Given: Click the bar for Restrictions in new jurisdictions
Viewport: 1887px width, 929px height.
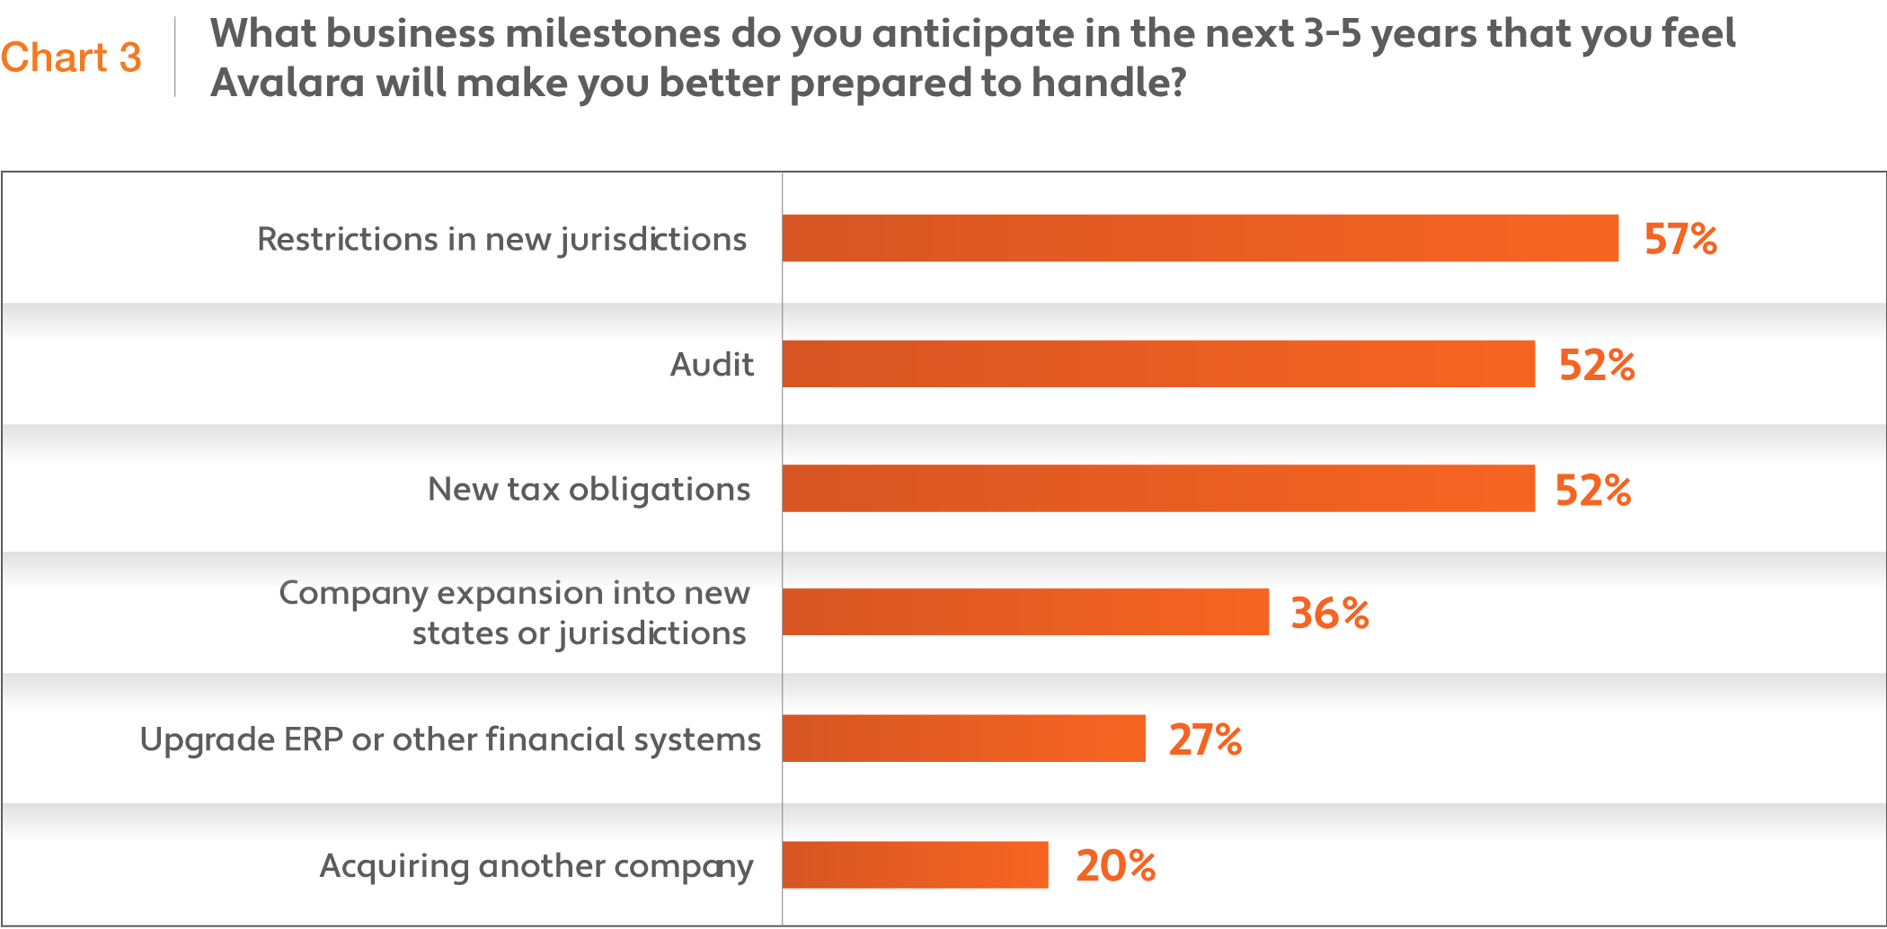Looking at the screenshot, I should coord(1200,238).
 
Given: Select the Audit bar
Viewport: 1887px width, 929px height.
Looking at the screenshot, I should coord(1159,364).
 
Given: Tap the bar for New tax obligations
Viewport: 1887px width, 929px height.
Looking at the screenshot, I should coord(1159,488).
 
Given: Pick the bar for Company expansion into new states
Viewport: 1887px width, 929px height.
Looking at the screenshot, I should coord(1026,612).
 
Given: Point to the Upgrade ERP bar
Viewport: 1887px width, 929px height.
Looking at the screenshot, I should coord(964,738).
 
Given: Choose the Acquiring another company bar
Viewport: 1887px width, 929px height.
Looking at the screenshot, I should coord(916,864).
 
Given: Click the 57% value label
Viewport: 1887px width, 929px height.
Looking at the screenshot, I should coord(1680,239).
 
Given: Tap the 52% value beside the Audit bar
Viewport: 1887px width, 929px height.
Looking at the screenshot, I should coord(1597,365).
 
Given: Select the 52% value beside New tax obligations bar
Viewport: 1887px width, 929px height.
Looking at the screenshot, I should coord(1592,491).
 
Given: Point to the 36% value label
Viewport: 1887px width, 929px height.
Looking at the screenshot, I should coord(1330,614).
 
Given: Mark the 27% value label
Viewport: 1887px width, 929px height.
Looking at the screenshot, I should coord(1205,739).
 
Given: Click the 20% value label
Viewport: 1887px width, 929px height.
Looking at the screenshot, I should coord(1116,865).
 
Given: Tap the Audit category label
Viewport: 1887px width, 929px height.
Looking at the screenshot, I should coord(712,365).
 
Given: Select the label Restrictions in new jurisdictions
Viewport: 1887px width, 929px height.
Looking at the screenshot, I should coord(501,240).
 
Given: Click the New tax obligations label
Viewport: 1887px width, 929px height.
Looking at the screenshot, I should coord(589,490).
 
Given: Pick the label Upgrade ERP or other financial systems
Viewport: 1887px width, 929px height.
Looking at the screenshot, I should coord(450,739).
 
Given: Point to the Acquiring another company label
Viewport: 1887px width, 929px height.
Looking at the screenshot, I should coord(536,866).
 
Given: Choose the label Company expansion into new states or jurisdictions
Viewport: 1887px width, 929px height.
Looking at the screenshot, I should coord(514,614).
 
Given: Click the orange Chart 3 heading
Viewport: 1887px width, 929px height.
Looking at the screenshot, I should coord(71,58).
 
